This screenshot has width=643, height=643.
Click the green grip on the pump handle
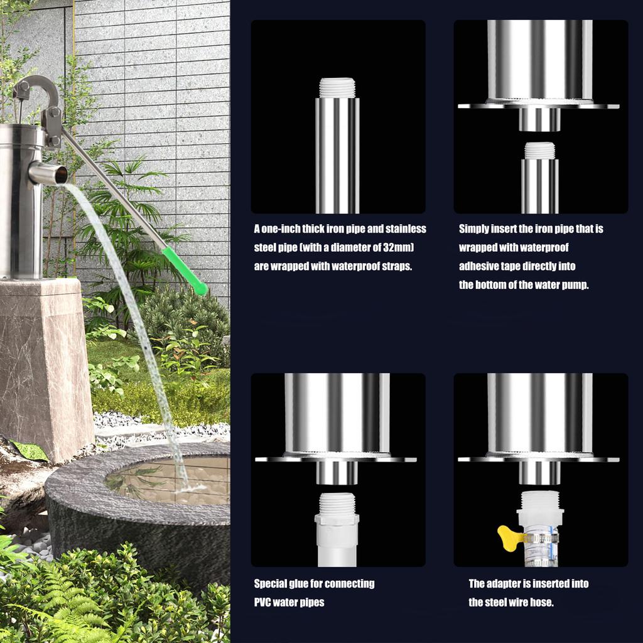coord(185,271)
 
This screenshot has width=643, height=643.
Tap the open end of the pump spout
coord(62,175)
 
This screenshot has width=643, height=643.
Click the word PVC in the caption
coord(262,602)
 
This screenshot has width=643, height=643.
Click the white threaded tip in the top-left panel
coord(337,88)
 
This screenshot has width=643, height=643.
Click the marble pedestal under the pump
coord(45,369)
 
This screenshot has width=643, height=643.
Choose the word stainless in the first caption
coord(406,229)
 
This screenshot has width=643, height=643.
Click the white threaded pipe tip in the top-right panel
coord(539,151)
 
